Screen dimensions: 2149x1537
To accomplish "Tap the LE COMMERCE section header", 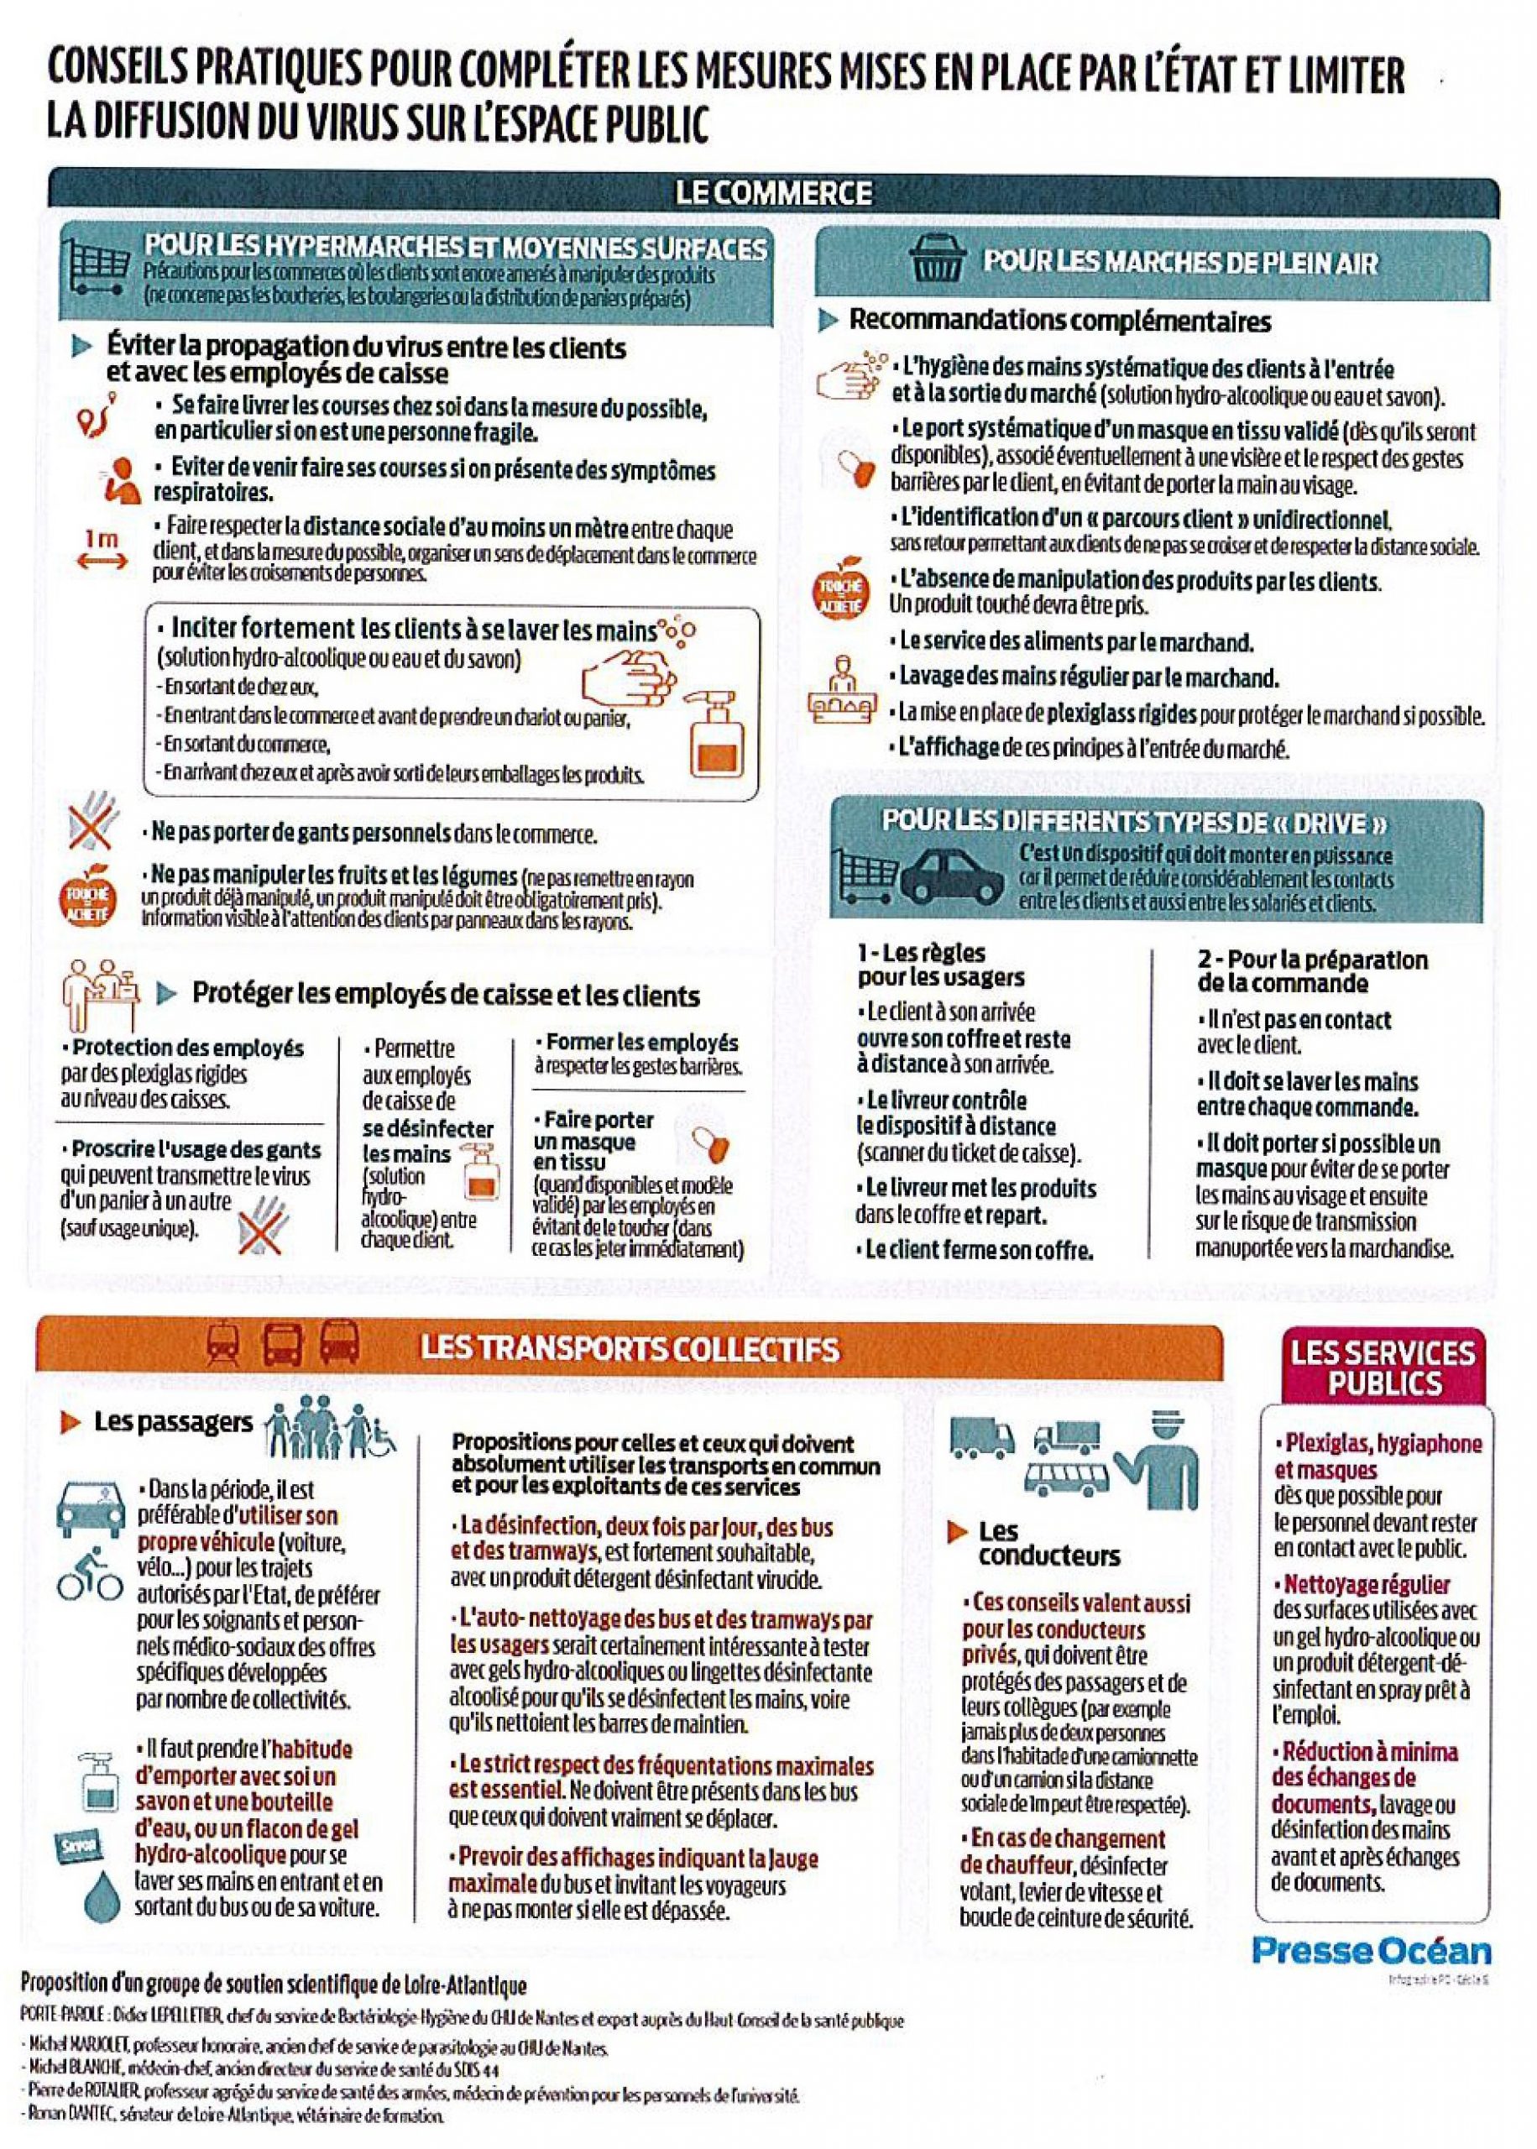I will point(772,193).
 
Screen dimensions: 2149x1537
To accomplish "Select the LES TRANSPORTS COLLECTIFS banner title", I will point(630,1347).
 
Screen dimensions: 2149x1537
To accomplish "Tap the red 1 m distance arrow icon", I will point(102,551).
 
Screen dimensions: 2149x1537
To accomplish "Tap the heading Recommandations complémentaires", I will point(1059,320).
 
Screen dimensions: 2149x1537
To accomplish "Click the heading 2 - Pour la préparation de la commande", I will point(1311,971).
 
